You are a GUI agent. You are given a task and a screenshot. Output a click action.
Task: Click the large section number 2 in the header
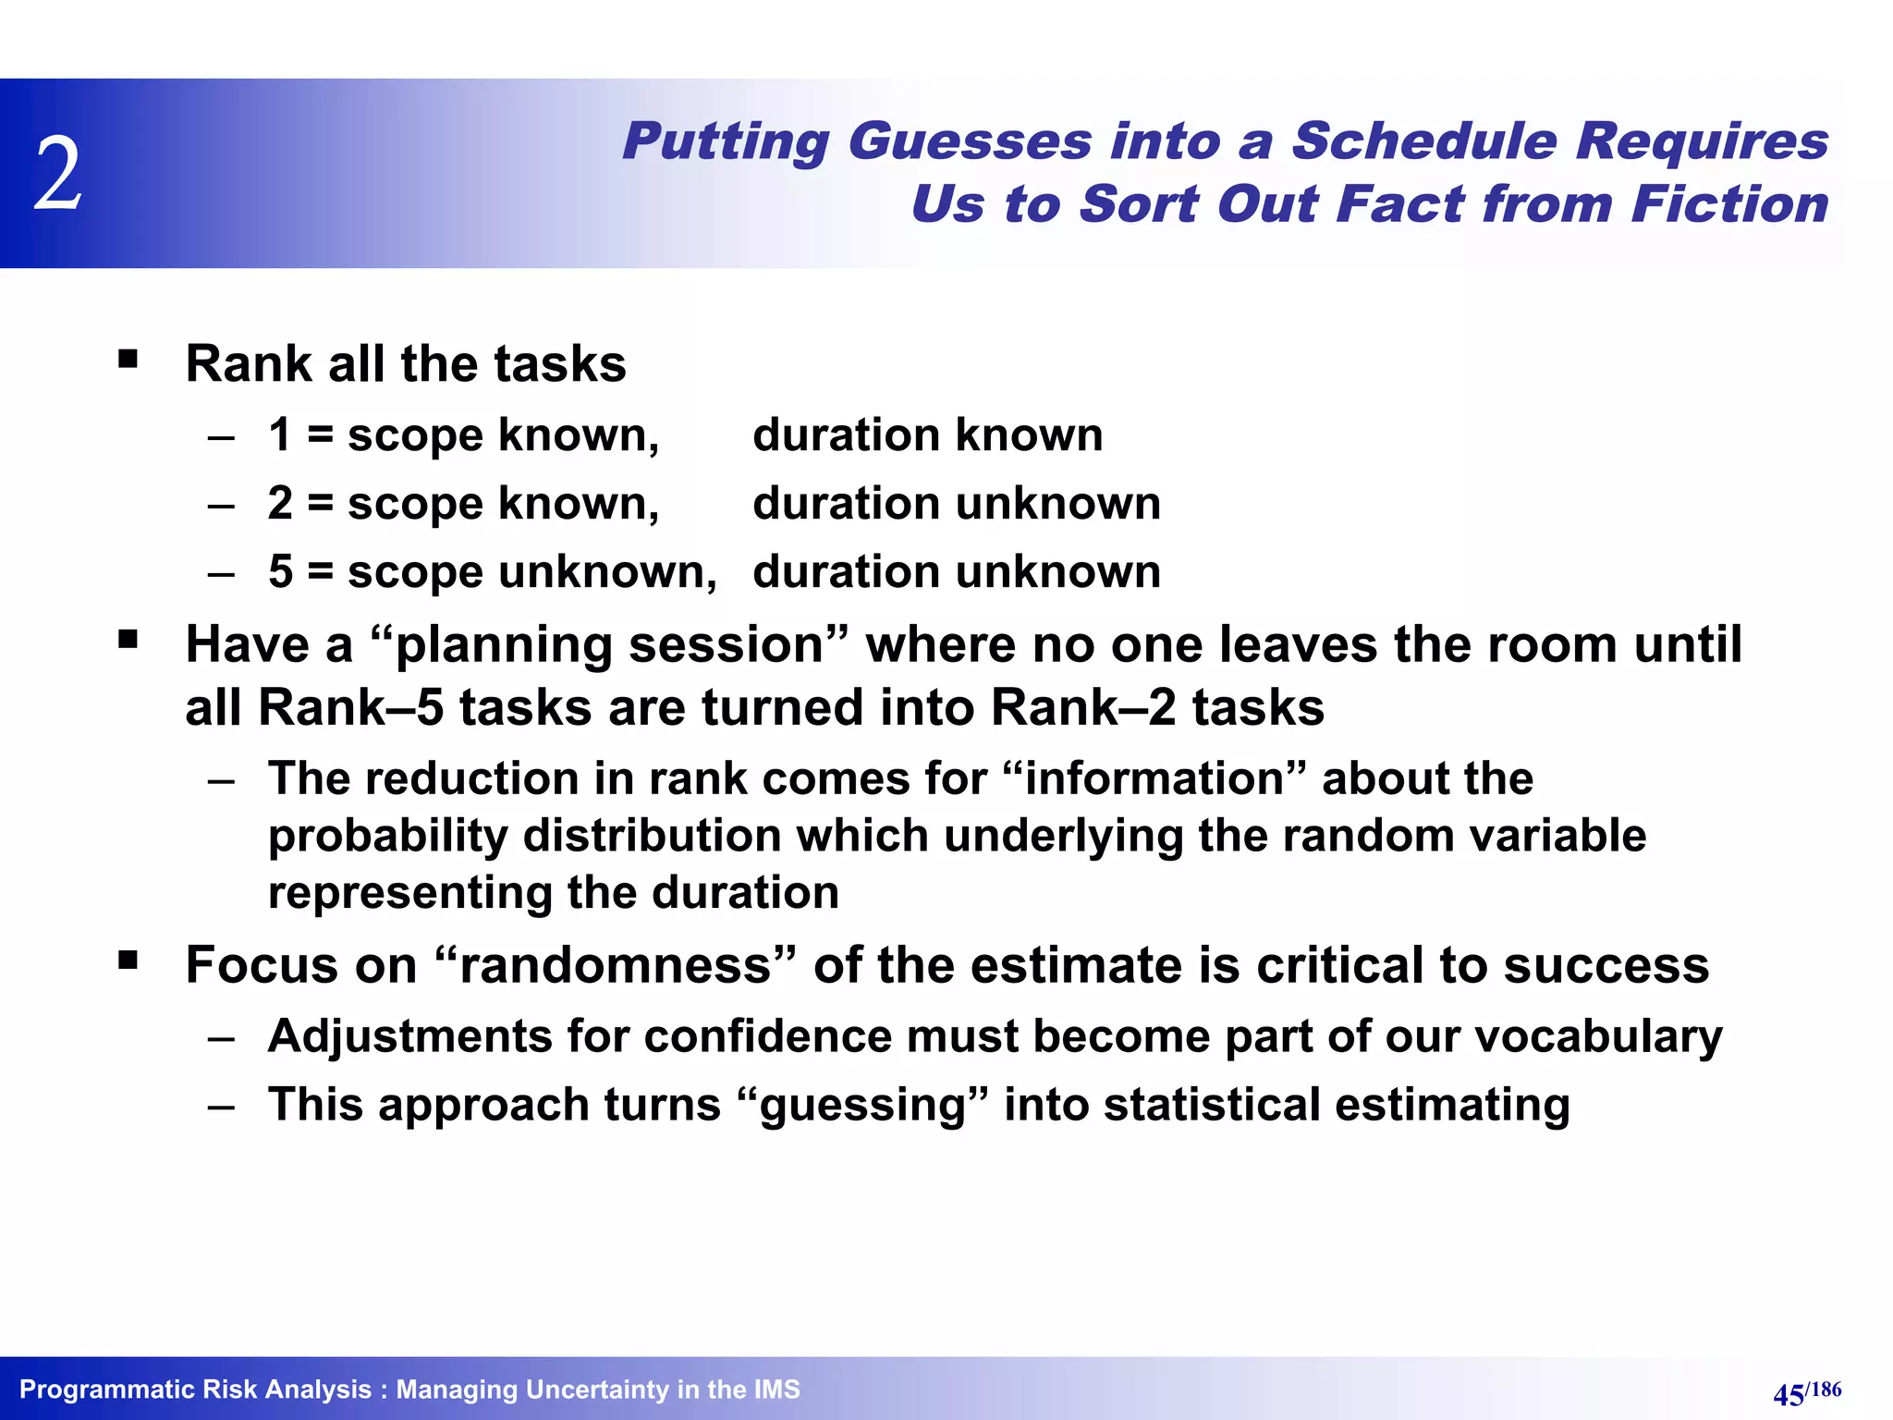pos(58,174)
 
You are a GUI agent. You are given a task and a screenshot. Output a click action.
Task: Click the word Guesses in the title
pos(970,142)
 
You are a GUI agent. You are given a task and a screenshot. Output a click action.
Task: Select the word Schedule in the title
pos(1423,142)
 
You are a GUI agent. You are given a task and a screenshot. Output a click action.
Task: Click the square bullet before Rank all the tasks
pos(128,359)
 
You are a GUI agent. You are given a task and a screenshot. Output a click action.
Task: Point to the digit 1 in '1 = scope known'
pos(280,435)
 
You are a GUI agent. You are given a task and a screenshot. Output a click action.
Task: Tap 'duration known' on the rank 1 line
pos(927,435)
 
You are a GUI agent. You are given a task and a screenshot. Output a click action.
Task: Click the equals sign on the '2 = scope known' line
pos(320,504)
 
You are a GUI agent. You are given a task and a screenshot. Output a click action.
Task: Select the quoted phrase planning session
pos(608,644)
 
